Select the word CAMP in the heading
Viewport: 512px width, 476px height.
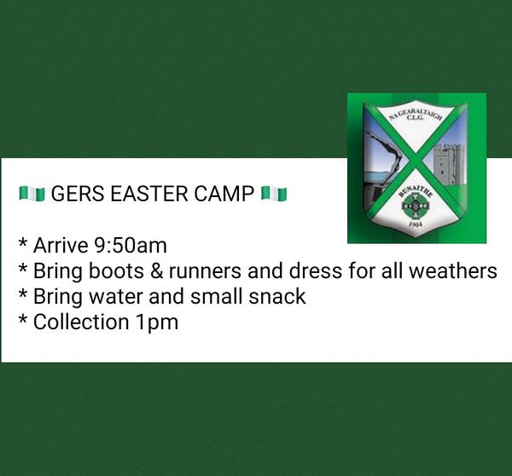click(x=224, y=194)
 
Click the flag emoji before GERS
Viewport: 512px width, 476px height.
click(x=32, y=194)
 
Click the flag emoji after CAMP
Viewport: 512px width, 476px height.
click(x=274, y=194)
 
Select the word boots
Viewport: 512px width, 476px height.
click(x=117, y=271)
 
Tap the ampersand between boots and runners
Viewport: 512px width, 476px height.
click(x=157, y=271)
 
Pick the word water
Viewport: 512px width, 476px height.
click(x=116, y=298)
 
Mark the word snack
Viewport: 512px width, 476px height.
click(x=276, y=297)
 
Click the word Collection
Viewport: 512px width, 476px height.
click(x=81, y=322)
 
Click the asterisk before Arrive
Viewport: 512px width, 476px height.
click(x=23, y=243)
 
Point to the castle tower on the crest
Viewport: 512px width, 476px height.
click(x=449, y=163)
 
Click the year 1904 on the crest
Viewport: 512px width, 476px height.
click(x=416, y=224)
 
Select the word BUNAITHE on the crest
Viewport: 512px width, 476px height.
click(x=416, y=193)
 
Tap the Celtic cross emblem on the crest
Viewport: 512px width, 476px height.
click(x=415, y=206)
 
